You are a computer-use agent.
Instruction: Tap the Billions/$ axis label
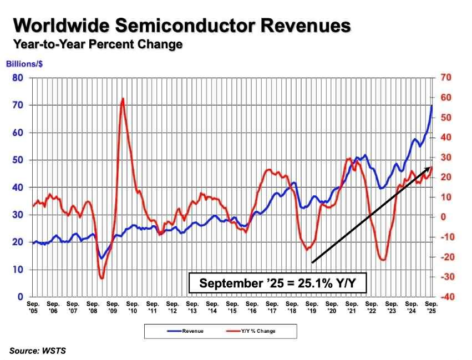coord(25,64)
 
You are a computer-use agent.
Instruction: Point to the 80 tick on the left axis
coord(18,78)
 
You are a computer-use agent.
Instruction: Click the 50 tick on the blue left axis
coord(18,160)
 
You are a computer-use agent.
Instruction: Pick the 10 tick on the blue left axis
coord(18,270)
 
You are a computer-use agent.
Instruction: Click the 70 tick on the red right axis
coord(445,78)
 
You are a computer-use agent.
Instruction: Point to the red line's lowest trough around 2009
coord(101,277)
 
